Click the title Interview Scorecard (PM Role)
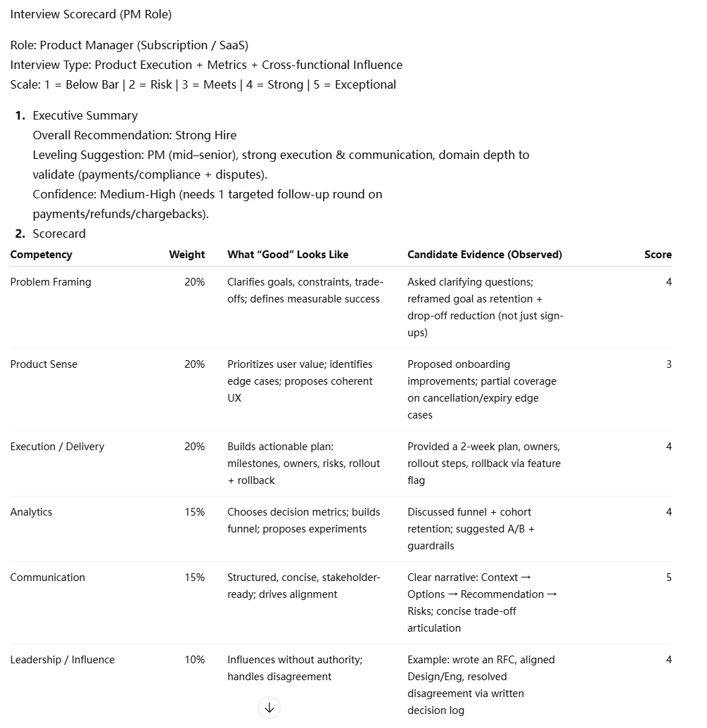pos(91,14)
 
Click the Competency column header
pos(41,255)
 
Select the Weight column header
pos(186,255)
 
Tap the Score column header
pos(658,255)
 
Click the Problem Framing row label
pos(51,282)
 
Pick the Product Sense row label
pos(44,364)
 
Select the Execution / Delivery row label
pos(57,447)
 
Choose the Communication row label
pos(47,577)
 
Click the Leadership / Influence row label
pos(62,660)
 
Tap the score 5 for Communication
pos(668,577)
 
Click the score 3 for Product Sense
pos(668,364)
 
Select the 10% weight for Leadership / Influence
pos(194,660)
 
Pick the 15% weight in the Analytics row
pos(194,512)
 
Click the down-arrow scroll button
pos(269,708)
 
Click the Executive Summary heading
pos(85,115)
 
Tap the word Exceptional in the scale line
pos(365,84)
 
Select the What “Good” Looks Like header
pos(288,255)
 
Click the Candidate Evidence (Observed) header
pos(485,255)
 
